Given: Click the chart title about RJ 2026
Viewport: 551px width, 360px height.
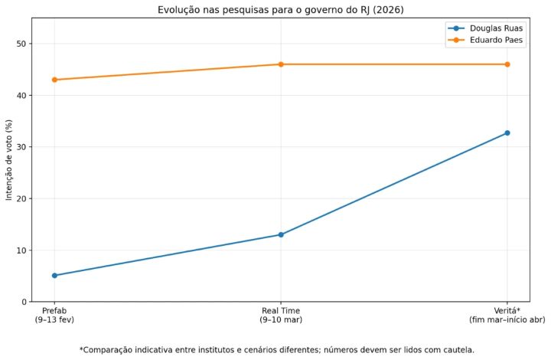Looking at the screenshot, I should (x=281, y=9).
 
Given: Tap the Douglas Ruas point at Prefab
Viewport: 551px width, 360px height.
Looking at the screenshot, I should (x=54, y=275).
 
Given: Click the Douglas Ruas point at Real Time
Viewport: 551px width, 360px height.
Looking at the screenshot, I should (x=281, y=234).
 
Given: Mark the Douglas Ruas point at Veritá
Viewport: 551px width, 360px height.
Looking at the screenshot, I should (x=507, y=133).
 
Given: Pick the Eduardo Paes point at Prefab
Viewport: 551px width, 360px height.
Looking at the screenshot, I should (x=54, y=80).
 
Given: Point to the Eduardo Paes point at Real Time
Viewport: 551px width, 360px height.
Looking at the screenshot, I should (x=281, y=64).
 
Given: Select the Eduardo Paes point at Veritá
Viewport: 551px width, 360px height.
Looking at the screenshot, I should (x=507, y=64).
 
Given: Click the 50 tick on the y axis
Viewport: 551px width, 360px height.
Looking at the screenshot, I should (x=23, y=44).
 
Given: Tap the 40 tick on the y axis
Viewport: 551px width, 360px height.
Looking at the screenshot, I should (x=23, y=96).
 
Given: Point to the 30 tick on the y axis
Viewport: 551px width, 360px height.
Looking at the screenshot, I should (x=23, y=147).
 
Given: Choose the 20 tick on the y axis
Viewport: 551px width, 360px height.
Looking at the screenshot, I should (x=23, y=198).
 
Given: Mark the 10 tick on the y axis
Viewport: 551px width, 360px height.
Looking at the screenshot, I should (x=23, y=250).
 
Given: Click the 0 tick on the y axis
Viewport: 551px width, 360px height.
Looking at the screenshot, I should (x=25, y=302).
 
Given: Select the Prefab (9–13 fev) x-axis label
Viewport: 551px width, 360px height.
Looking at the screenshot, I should (x=54, y=314).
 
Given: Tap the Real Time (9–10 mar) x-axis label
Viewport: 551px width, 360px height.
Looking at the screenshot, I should (x=281, y=314).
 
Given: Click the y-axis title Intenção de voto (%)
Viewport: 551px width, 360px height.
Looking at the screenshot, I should (x=8, y=160).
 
